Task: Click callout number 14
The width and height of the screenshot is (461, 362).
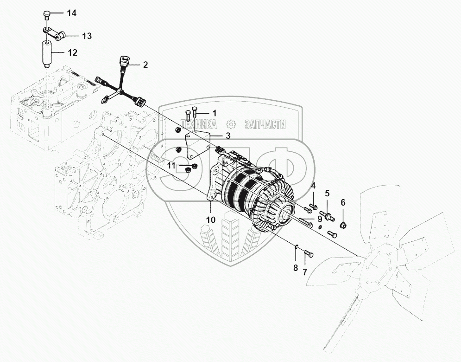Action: pos(71,13)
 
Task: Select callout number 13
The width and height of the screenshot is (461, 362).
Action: pos(87,36)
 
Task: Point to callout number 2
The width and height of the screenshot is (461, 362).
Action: pos(145,65)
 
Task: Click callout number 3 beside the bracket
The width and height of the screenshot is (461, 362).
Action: pos(228,136)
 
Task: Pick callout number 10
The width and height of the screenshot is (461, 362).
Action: pos(211,220)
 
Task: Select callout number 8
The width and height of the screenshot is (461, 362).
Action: pos(295,267)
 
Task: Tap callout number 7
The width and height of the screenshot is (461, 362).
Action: pos(305,271)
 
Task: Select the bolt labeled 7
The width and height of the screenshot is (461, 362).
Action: pos(309,254)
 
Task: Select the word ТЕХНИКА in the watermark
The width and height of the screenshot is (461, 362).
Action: pos(200,124)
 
